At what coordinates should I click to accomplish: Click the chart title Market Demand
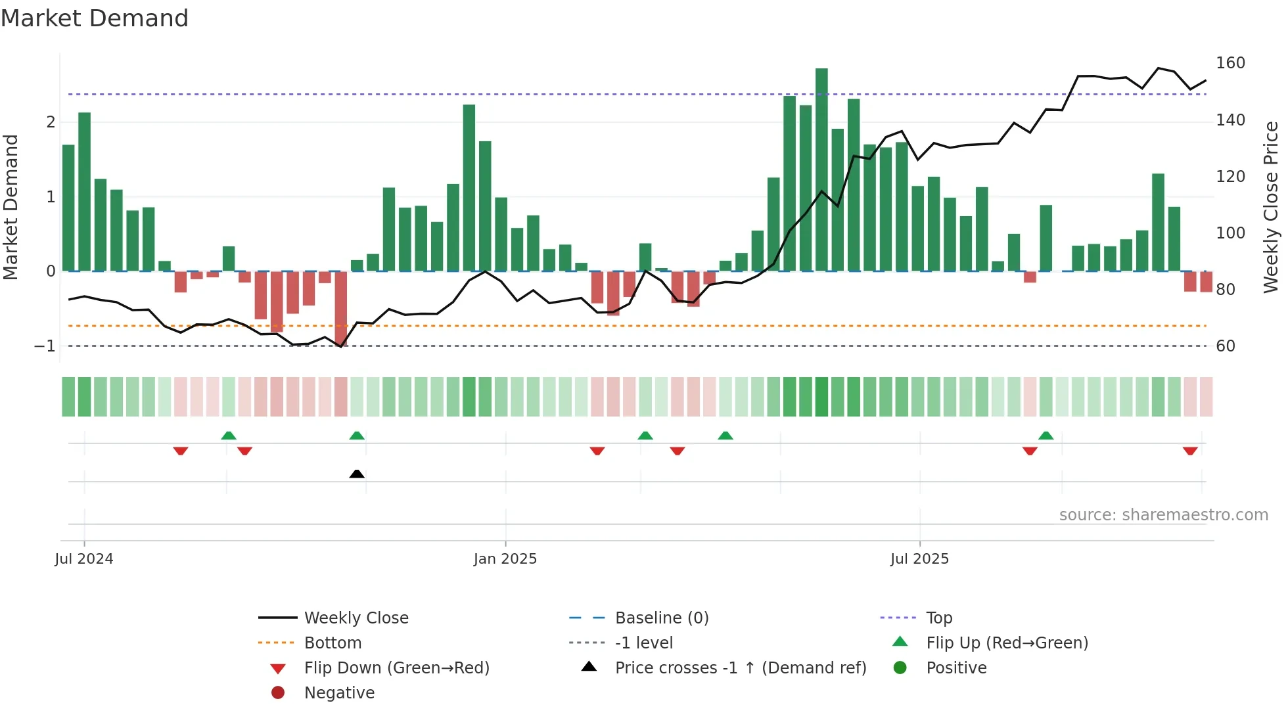[95, 18]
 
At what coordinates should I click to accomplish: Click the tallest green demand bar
[821, 170]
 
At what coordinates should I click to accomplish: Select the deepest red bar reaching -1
[340, 309]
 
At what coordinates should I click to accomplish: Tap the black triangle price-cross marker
[357, 474]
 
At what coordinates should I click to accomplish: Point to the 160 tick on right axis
[1230, 63]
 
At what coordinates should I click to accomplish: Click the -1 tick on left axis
[45, 346]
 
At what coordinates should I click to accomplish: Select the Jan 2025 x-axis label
[505, 559]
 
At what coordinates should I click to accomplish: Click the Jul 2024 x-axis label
[83, 559]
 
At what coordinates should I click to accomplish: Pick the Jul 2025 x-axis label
[919, 559]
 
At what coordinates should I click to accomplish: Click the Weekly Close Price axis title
[1271, 207]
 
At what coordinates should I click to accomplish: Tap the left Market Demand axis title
[11, 207]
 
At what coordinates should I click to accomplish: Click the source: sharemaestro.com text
[1163, 515]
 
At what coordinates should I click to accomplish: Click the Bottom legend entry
[333, 643]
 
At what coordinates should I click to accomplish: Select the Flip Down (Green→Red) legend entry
[396, 668]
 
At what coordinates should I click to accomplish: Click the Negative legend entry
[339, 693]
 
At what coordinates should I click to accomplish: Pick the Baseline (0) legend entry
[661, 618]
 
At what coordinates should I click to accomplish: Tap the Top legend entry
[939, 618]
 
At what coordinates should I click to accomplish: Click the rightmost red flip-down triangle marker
[1190, 451]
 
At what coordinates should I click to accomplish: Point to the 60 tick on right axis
[1225, 346]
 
